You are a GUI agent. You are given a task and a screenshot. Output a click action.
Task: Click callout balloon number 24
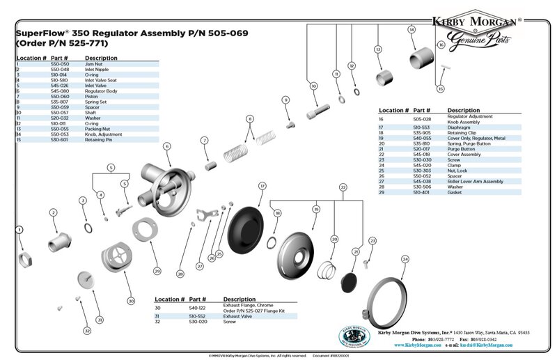405,259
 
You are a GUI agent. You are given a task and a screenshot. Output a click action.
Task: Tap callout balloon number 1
19,228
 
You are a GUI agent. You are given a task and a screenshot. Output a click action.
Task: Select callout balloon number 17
262,186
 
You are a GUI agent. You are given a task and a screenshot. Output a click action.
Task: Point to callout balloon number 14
411,29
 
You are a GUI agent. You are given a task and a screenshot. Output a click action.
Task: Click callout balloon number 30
130,300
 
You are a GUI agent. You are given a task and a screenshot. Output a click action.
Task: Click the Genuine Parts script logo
479,45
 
